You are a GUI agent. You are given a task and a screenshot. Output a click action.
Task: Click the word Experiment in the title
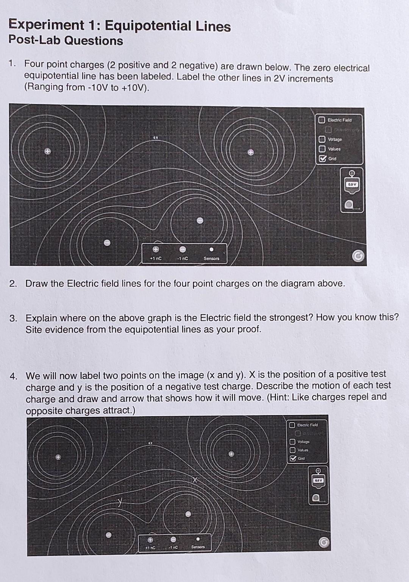coord(46,25)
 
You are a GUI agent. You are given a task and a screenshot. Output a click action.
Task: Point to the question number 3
coord(14,318)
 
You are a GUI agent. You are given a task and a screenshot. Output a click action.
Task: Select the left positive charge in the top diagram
coord(47,151)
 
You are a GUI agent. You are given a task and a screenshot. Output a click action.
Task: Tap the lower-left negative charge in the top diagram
coord(107,243)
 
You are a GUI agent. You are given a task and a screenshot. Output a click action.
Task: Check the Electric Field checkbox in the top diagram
coord(322,120)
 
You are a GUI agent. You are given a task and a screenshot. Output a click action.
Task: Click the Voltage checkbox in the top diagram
coord(322,139)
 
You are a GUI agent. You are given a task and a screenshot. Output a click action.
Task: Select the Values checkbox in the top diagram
coord(322,149)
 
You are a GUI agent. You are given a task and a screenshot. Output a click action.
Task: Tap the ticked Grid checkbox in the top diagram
coord(322,159)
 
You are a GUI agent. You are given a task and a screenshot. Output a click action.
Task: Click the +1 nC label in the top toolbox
coord(156,258)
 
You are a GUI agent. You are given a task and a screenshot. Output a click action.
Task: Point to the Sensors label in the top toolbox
coord(211,258)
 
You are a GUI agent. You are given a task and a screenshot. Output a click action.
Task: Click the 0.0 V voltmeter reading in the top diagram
coord(352,184)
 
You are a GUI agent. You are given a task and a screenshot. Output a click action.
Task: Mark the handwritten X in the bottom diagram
coord(195,480)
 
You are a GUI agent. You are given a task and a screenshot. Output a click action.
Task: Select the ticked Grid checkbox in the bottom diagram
coord(292,459)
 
